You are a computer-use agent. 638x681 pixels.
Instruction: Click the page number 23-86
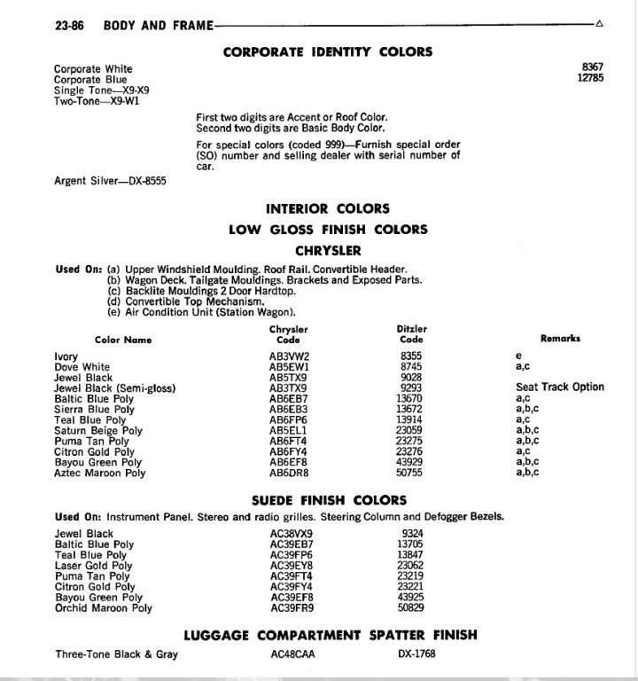[69, 26]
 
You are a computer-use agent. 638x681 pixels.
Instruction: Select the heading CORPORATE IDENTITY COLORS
[328, 51]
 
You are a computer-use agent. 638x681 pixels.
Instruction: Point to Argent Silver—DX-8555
[111, 181]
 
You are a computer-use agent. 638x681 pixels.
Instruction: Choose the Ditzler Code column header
[411, 334]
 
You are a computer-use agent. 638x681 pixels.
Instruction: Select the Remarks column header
[560, 339]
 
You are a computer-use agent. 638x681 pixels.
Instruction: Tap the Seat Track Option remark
[560, 387]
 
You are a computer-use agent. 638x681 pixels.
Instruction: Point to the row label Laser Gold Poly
[93, 566]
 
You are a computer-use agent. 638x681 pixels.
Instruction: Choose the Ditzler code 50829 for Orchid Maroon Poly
[412, 608]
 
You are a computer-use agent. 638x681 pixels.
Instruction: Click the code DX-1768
[417, 654]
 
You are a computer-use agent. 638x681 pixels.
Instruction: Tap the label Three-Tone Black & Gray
[116, 654]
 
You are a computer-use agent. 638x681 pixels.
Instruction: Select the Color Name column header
[123, 340]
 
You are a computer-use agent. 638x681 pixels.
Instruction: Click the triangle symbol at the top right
[599, 24]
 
